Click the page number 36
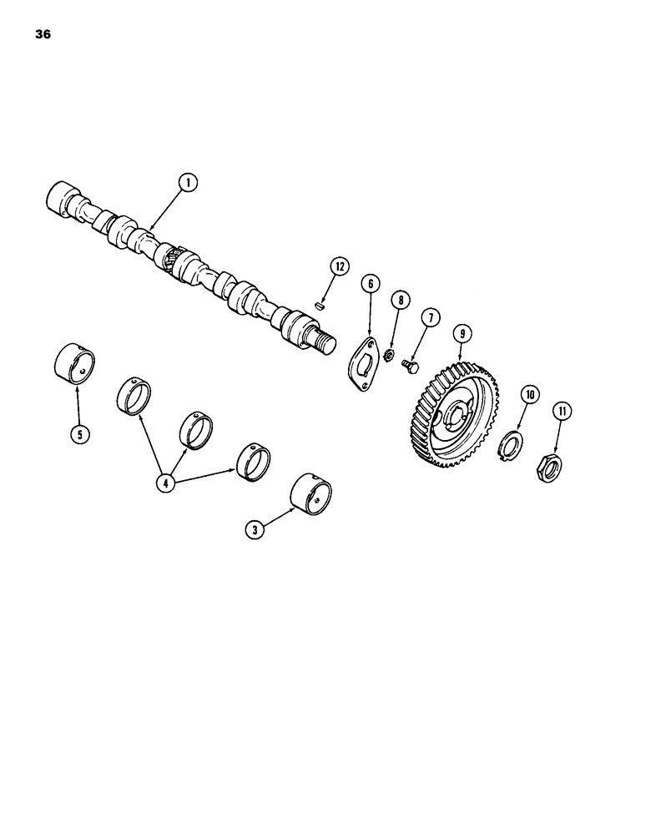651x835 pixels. (x=43, y=36)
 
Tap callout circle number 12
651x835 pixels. (x=338, y=266)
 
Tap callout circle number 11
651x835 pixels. (x=560, y=411)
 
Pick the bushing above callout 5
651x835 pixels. (x=75, y=361)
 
